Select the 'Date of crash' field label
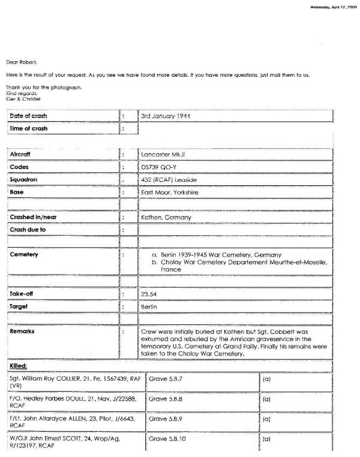pyautogui.click(x=29, y=116)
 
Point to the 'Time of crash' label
pyautogui.click(x=29, y=128)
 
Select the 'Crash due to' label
pyautogui.click(x=28, y=230)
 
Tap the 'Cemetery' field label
pyautogui.click(x=24, y=255)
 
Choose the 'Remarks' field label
pyautogui.click(x=23, y=330)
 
